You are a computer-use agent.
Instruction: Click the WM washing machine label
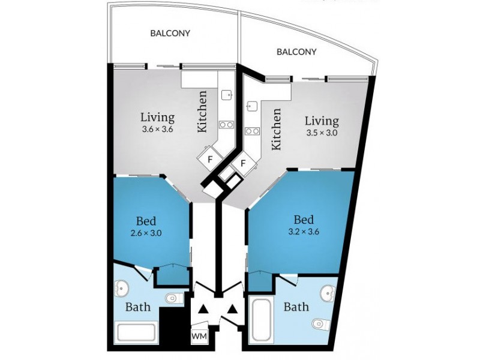pyautogui.click(x=199, y=336)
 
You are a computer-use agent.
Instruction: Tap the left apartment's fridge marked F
pyautogui.click(x=209, y=159)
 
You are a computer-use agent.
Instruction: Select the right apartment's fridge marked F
pyautogui.click(x=244, y=163)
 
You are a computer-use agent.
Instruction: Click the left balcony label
pyautogui.click(x=170, y=33)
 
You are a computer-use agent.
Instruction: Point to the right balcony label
pyautogui.click(x=296, y=52)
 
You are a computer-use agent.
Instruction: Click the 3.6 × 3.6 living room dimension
pyautogui.click(x=157, y=129)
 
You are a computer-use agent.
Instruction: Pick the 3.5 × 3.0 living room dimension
pyautogui.click(x=322, y=133)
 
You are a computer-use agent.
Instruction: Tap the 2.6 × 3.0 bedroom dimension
pyautogui.click(x=146, y=233)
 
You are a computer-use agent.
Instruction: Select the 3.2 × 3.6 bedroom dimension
pyautogui.click(x=304, y=232)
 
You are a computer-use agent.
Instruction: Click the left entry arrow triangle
pyautogui.click(x=203, y=310)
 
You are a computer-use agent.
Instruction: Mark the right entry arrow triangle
pyautogui.click(x=232, y=310)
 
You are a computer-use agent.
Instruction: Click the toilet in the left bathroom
pyautogui.click(x=174, y=298)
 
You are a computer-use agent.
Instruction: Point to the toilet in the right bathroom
pyautogui.click(x=322, y=323)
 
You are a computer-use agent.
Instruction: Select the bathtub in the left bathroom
pyautogui.click(x=137, y=332)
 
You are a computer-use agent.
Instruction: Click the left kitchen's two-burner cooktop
pyautogui.click(x=227, y=124)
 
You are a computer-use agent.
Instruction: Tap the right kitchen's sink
pyautogui.click(x=251, y=106)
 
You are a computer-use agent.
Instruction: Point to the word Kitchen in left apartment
pyautogui.click(x=202, y=112)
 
